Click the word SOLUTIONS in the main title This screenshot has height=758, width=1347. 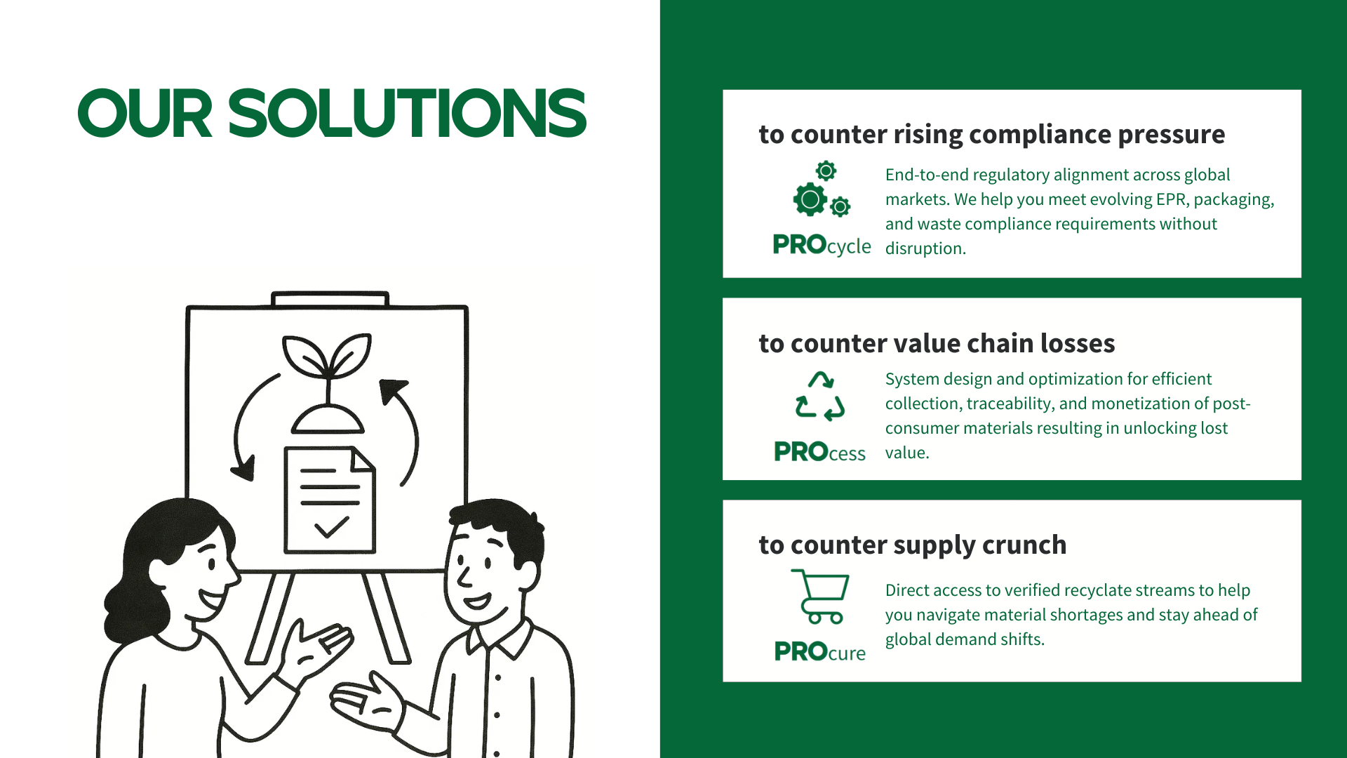tap(407, 113)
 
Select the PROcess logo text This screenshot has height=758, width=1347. tap(819, 452)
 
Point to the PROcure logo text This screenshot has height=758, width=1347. tap(819, 652)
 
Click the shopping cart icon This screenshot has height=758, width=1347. tap(820, 596)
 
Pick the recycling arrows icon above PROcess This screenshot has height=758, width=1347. tap(820, 396)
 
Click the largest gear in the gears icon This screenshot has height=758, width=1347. tap(810, 199)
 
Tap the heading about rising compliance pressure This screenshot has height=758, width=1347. tap(992, 134)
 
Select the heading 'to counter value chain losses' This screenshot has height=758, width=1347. tap(937, 343)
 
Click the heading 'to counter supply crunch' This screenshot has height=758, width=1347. tap(913, 545)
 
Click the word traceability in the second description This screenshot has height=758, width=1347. tap(1010, 404)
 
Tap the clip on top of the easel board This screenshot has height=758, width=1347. tap(330, 300)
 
